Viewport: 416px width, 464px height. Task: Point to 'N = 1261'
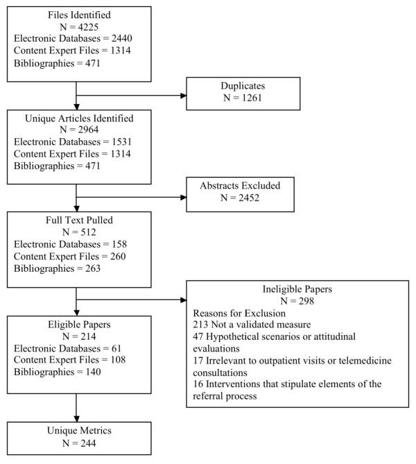click(x=243, y=98)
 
